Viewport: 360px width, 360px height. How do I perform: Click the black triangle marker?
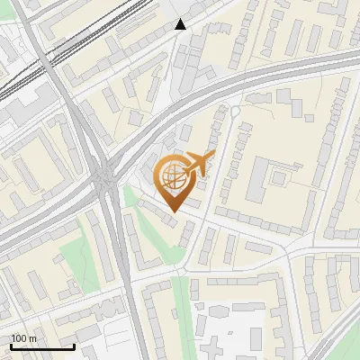coord(180,24)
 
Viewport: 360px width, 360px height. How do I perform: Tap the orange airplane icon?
coord(197,165)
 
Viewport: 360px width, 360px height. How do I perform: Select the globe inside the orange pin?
coord(172,177)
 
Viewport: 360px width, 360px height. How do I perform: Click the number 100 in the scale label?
coord(20,338)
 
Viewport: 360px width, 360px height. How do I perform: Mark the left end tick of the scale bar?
coord(10,346)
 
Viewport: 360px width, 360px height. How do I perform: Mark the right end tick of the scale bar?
coord(74,346)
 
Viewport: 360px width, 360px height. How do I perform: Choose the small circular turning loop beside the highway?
coord(236,112)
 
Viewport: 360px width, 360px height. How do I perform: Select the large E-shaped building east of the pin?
coord(271,181)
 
